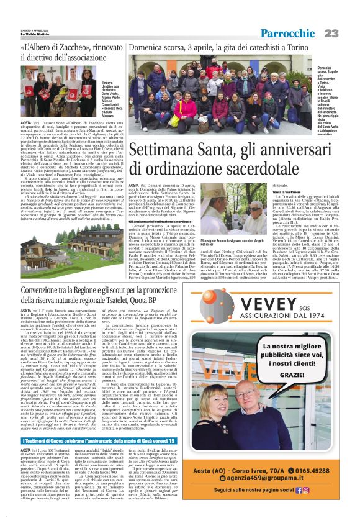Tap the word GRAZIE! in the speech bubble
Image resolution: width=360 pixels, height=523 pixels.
pos(284,375)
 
